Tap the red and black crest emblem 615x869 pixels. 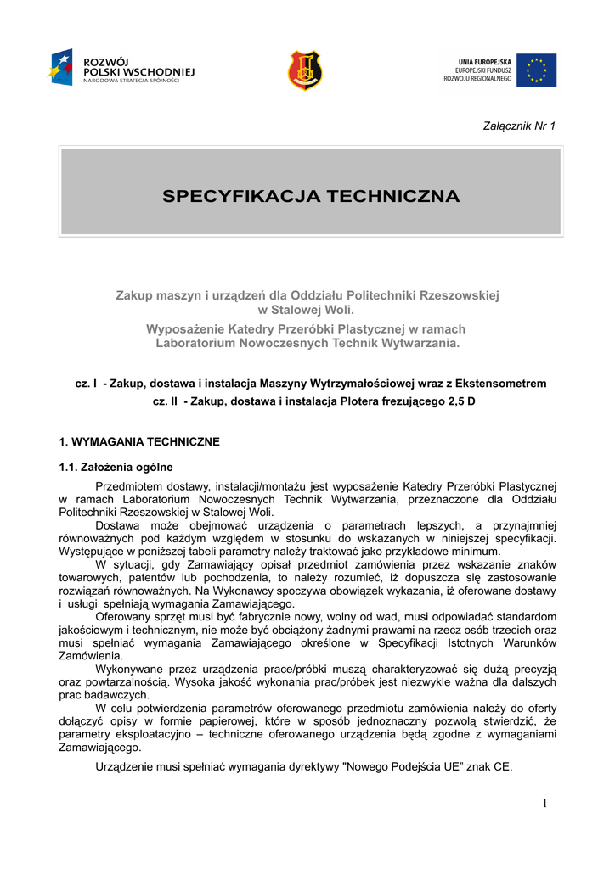tap(306, 70)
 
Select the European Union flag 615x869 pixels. tap(536, 70)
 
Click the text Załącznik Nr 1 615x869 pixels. tap(519, 126)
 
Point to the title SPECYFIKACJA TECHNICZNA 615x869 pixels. tap(311, 197)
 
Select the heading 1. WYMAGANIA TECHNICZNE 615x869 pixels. tap(139, 442)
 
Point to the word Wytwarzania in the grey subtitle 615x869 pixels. tap(420, 344)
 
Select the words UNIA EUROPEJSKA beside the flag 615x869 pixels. tap(486, 61)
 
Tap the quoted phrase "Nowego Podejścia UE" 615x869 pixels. tap(403, 766)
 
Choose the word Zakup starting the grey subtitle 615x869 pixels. tap(134, 295)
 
